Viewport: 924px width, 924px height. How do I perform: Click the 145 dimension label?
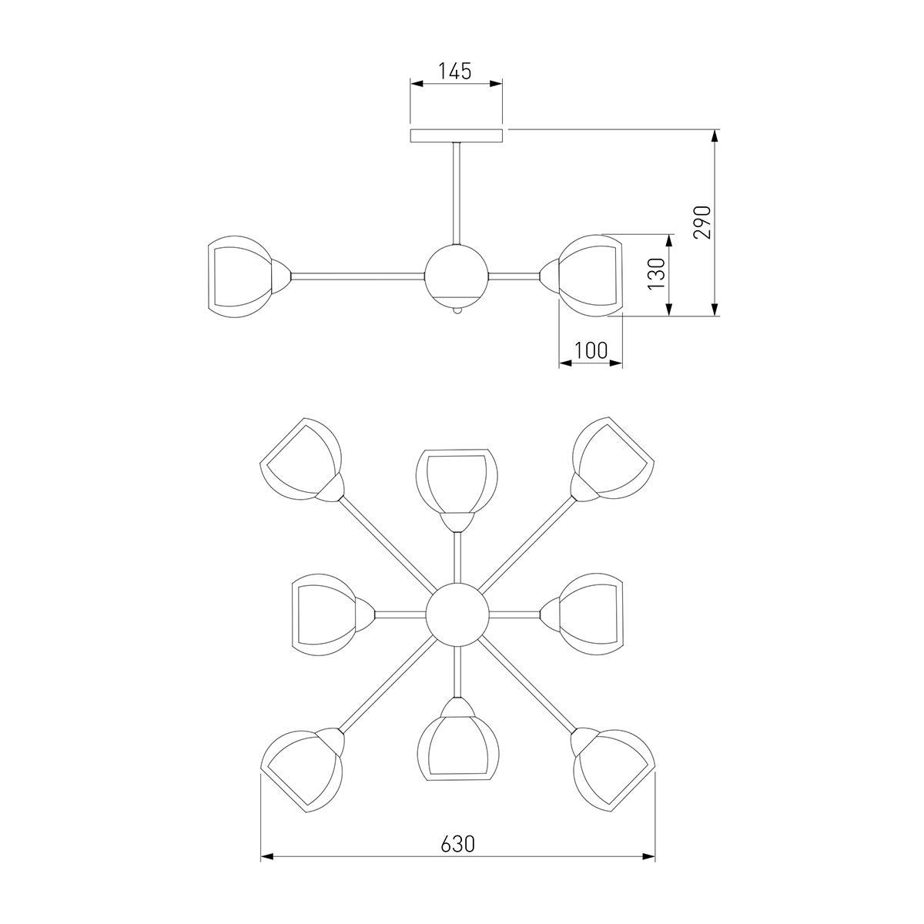(x=455, y=71)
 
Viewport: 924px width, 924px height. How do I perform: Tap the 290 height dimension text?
(x=702, y=222)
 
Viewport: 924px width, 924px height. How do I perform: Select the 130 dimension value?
(x=657, y=273)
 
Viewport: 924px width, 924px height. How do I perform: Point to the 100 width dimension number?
(x=591, y=350)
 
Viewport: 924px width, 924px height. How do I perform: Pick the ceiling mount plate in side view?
(x=456, y=136)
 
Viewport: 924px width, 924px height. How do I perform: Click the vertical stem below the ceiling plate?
(x=457, y=194)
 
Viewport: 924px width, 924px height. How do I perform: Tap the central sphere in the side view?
(x=457, y=276)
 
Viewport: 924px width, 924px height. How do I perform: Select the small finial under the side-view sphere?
(x=457, y=311)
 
